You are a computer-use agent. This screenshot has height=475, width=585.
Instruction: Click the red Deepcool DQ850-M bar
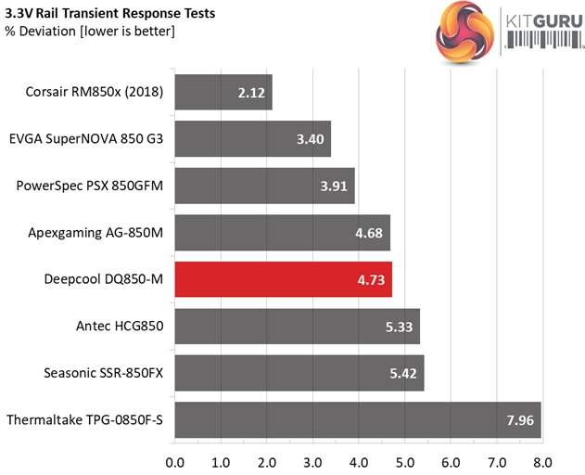(x=283, y=278)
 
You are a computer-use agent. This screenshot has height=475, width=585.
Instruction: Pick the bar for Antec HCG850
(x=297, y=326)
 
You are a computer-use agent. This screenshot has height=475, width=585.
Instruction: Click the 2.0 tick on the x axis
(x=266, y=461)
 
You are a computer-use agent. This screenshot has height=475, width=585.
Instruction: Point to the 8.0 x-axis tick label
(x=542, y=461)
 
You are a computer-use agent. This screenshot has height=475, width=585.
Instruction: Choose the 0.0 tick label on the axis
(x=174, y=461)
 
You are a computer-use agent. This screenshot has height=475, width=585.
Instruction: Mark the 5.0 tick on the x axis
(x=404, y=461)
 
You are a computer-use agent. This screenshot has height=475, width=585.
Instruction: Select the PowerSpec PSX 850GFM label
(x=90, y=186)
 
